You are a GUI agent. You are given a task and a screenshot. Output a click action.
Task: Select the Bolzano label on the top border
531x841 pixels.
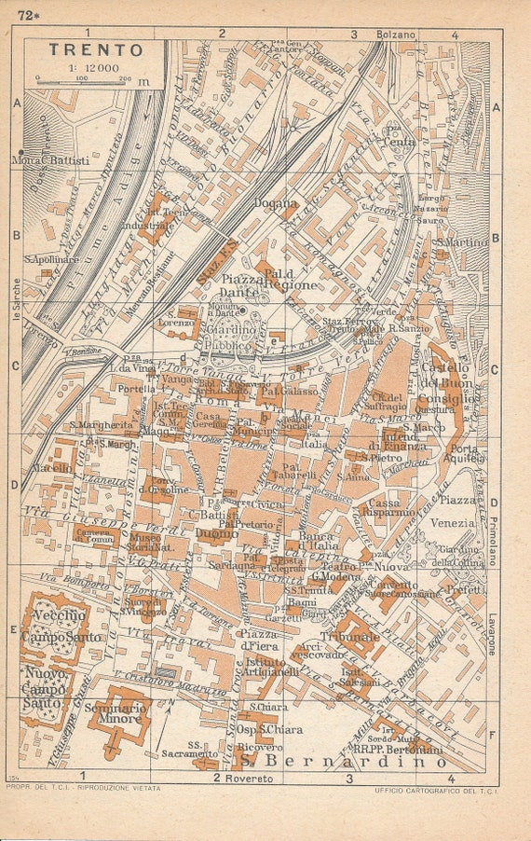(x=395, y=34)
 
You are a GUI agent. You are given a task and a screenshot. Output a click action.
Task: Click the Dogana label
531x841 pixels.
(x=278, y=203)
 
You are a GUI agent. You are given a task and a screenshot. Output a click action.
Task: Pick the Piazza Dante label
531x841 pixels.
(x=243, y=285)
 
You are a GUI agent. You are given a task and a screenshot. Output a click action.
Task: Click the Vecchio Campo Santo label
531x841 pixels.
(x=55, y=627)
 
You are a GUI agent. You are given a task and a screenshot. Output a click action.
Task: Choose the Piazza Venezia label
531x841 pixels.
(x=452, y=512)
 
